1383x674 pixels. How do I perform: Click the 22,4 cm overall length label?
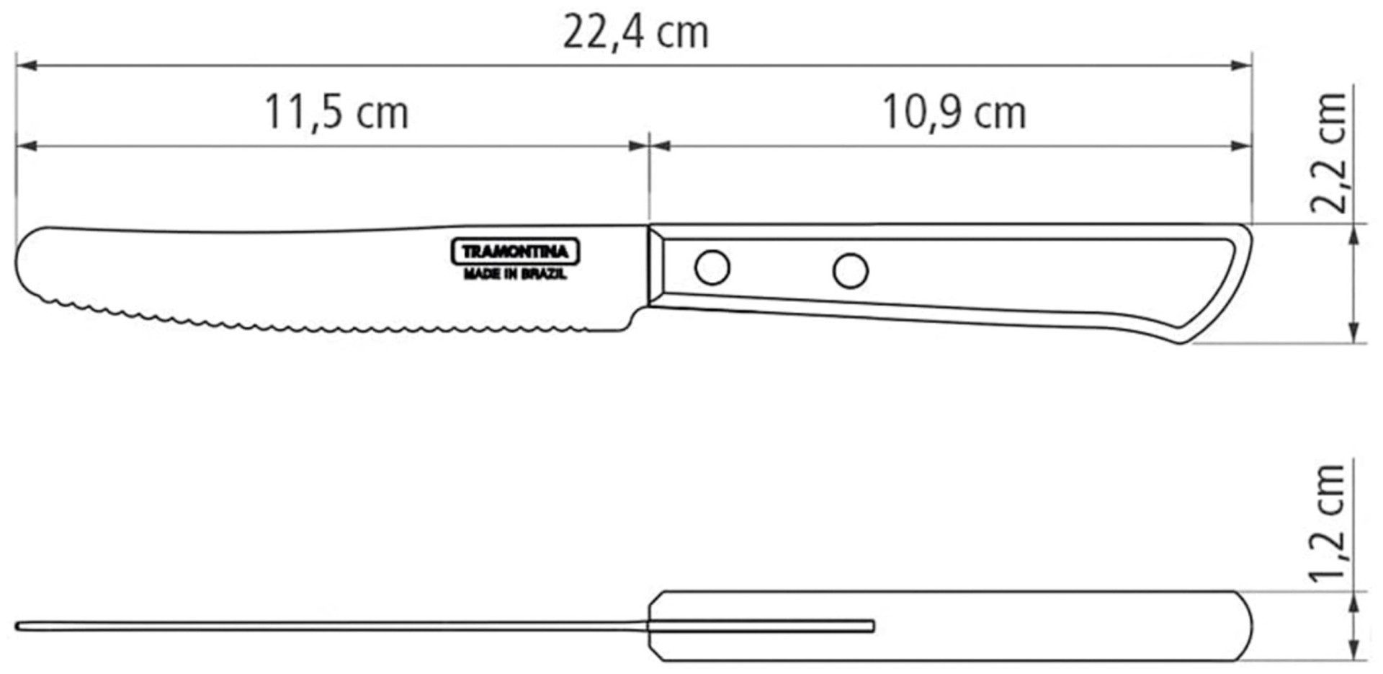pyautogui.click(x=635, y=33)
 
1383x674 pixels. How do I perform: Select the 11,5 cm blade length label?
pyautogui.click(x=336, y=113)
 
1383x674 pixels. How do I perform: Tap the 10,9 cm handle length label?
pyautogui.click(x=954, y=113)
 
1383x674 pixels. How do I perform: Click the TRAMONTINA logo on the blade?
pyautogui.click(x=515, y=252)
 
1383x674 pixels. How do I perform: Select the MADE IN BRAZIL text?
pyautogui.click(x=515, y=275)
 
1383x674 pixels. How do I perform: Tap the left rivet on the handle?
pyautogui.click(x=712, y=267)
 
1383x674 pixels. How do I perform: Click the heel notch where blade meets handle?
pyautogui.click(x=634, y=317)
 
